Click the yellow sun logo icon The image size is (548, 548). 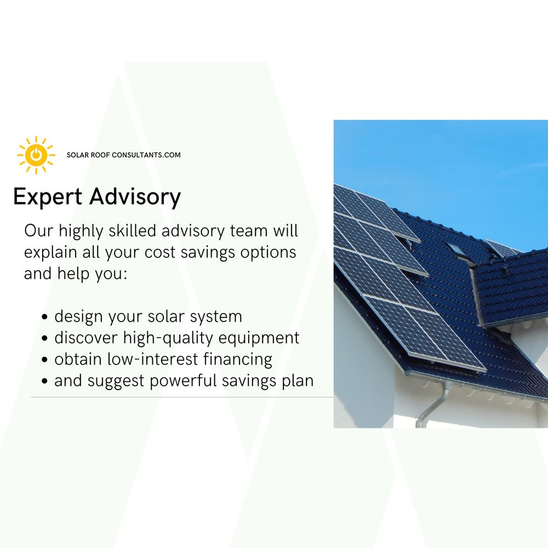36,155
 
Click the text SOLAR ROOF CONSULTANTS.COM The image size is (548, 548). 123,155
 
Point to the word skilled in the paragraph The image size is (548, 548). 134,231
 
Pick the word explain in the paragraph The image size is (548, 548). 48,252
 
